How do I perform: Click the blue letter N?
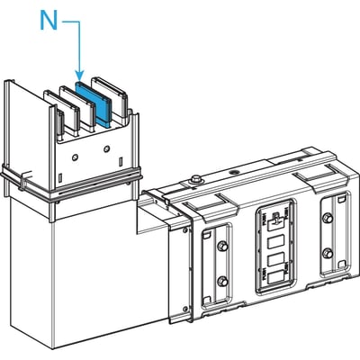pyautogui.click(x=49, y=21)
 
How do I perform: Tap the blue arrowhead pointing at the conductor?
pyautogui.click(x=79, y=76)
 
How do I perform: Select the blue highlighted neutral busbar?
pyautogui.click(x=94, y=103)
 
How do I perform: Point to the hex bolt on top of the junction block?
pyautogui.click(x=196, y=179)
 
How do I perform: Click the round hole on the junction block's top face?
pyautogui.click(x=233, y=173)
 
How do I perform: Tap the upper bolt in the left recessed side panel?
pyautogui.click(x=222, y=246)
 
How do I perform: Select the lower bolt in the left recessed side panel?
pyautogui.click(x=222, y=281)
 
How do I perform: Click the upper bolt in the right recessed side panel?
pyautogui.click(x=328, y=218)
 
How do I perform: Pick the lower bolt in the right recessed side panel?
pyautogui.click(x=328, y=254)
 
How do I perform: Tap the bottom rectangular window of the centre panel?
pyautogui.click(x=275, y=278)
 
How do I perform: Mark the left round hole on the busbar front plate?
pyautogui.click(x=75, y=157)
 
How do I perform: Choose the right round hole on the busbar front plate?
pyautogui.click(x=106, y=148)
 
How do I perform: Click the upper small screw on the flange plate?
pyautogui.click(x=184, y=230)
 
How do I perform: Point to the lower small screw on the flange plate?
pyautogui.click(x=184, y=309)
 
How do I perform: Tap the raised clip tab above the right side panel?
pyautogui.click(x=319, y=177)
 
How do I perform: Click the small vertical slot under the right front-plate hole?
pyautogui.click(x=120, y=161)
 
